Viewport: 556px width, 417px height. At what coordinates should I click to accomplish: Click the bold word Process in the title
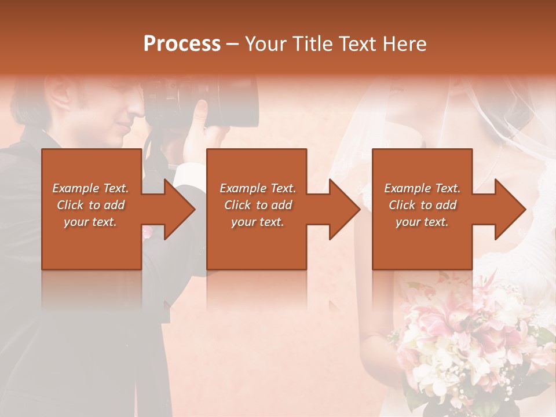pos(182,44)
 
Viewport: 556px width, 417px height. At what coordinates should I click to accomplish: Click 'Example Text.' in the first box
pos(90,188)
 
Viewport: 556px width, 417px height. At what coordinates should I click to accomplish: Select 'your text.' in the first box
pos(90,222)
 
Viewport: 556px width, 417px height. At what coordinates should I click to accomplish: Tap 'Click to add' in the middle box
pos(258,205)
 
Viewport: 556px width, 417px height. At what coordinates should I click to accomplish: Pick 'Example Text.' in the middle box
pos(258,188)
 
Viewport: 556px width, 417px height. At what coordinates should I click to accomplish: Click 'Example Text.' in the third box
pos(422,188)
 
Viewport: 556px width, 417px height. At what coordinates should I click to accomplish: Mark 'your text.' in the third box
pos(422,222)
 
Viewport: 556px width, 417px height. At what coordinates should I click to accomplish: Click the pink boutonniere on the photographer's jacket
pos(147,232)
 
